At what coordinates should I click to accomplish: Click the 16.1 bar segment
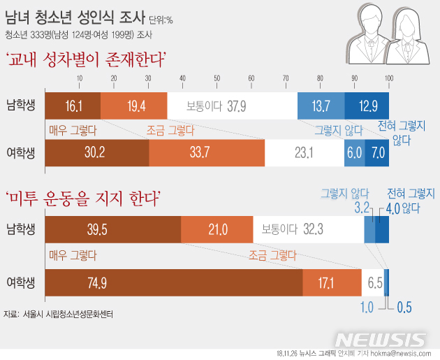tap(73, 106)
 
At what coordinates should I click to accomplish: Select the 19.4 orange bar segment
tap(134, 106)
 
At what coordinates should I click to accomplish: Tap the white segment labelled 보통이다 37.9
tap(233, 106)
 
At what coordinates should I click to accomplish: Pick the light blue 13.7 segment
tap(321, 106)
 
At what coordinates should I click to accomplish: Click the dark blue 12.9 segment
tap(367, 106)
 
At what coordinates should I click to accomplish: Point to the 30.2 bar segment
tap(97, 153)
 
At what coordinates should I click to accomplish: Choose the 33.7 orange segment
tap(207, 153)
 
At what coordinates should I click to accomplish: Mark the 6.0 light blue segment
tap(355, 153)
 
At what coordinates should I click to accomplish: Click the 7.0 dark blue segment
tap(377, 153)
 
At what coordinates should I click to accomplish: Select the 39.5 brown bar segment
tap(113, 229)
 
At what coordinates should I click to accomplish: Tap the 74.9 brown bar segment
tap(174, 282)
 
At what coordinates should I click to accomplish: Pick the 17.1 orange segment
tap(332, 282)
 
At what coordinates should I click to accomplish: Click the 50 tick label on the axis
tap(217, 78)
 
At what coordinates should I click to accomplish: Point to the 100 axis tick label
tap(389, 78)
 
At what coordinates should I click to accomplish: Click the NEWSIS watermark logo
tap(381, 340)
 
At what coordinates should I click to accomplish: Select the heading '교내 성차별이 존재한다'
tap(85, 59)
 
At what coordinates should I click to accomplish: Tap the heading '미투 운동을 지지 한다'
tap(83, 199)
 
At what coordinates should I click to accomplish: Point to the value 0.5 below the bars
tap(404, 308)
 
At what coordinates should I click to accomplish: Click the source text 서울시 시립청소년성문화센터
tap(68, 314)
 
